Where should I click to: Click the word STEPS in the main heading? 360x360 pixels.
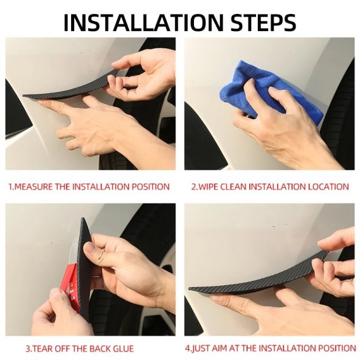(x=263, y=22)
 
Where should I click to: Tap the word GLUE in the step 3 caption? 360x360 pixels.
(x=124, y=349)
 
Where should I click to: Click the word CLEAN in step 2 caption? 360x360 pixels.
(x=234, y=187)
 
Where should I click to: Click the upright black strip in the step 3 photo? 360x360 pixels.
(x=83, y=264)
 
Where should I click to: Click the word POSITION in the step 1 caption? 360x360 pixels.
(x=150, y=187)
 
